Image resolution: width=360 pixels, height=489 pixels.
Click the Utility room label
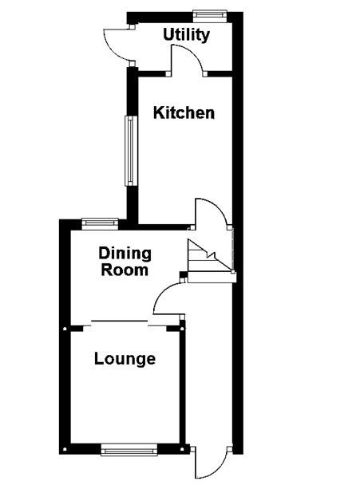pos(187,35)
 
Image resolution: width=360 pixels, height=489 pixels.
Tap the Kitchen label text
pos(184,112)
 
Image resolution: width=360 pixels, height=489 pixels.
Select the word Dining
pos(125,254)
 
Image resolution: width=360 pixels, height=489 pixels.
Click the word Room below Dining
pos(125,270)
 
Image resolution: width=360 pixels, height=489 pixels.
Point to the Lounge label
pos(125,359)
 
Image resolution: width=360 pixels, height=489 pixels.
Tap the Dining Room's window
pos(100,223)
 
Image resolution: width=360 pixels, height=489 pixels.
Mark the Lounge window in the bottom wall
pos(127,449)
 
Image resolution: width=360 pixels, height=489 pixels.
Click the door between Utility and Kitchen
pos(185,60)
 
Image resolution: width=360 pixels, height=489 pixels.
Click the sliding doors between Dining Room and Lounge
pos(119,322)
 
